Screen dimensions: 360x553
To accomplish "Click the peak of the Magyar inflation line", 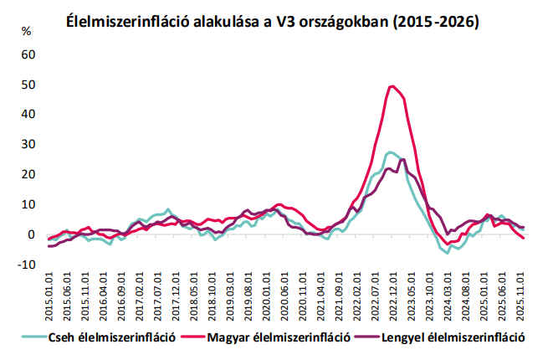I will [392, 85].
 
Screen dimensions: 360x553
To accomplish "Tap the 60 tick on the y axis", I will [29, 54].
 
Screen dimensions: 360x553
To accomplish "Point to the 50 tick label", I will [29, 85].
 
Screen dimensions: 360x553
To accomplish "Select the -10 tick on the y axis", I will [28, 265].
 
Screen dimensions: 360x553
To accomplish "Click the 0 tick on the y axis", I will [33, 234].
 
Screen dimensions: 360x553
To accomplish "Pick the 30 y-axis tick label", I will [29, 145].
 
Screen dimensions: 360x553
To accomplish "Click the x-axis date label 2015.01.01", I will [50, 294].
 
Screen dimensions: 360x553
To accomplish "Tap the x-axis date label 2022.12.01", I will [392, 294].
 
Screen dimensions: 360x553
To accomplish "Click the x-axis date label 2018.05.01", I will [194, 294].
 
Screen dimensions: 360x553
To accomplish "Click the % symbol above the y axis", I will [27, 33].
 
